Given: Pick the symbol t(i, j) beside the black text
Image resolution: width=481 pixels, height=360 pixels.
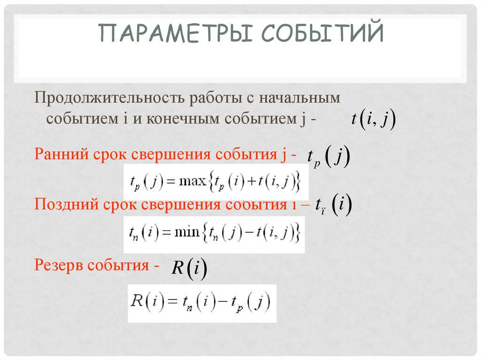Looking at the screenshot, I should (373, 119).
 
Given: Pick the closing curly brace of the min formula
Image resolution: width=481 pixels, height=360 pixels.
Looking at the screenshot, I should (297, 232).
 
